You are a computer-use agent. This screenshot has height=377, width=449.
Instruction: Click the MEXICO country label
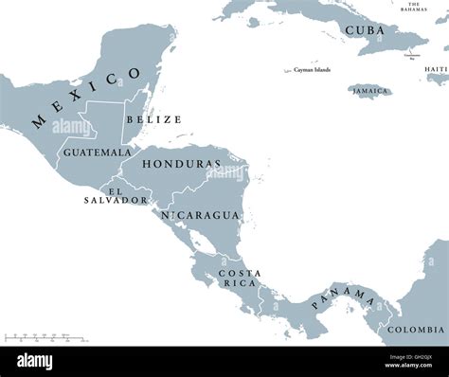[x=86, y=98]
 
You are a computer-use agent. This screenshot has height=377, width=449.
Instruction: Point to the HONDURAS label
[x=182, y=164]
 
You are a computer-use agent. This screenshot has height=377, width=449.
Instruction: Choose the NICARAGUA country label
[x=200, y=215]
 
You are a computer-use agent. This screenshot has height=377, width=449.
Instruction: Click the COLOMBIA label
[x=415, y=329]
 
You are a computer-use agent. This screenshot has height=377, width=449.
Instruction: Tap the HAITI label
[x=436, y=69]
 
